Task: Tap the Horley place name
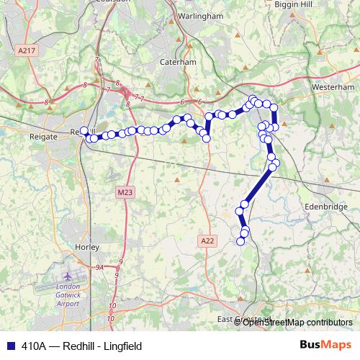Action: tap(86, 247)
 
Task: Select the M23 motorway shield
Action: tap(125, 192)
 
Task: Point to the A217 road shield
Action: tap(25, 51)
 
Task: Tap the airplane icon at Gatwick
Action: tap(67, 276)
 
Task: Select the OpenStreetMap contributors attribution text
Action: tap(298, 322)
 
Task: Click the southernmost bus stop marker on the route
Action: tap(240, 241)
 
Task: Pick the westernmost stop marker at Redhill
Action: tap(84, 130)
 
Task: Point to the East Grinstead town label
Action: tap(245, 319)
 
